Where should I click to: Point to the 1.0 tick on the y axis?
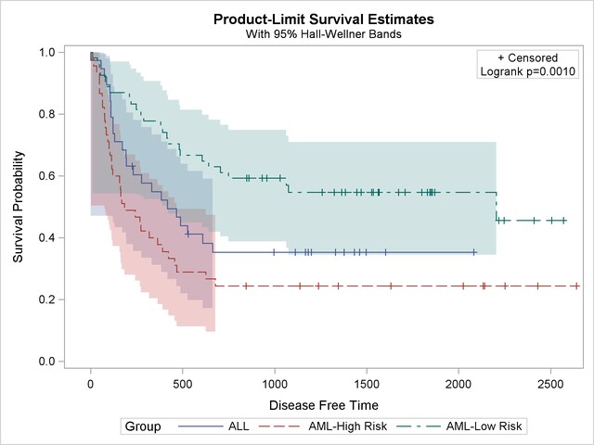pos(45,53)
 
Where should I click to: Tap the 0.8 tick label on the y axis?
pos(45,114)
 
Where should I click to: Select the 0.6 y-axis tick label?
pos(45,176)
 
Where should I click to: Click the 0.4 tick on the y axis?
pos(45,238)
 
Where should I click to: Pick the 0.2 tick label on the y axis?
pos(45,299)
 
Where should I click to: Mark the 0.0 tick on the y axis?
pos(45,362)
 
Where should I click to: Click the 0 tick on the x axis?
pos(91,383)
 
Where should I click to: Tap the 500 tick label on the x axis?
pos(183,383)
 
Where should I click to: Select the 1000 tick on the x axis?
pos(275,383)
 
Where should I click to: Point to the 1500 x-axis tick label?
pos(367,383)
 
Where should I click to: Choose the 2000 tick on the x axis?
pos(458,383)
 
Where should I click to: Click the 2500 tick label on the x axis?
pos(550,383)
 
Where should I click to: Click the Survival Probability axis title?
pos(19,206)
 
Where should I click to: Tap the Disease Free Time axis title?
pos(323,405)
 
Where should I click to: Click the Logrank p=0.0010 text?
pos(528,71)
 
